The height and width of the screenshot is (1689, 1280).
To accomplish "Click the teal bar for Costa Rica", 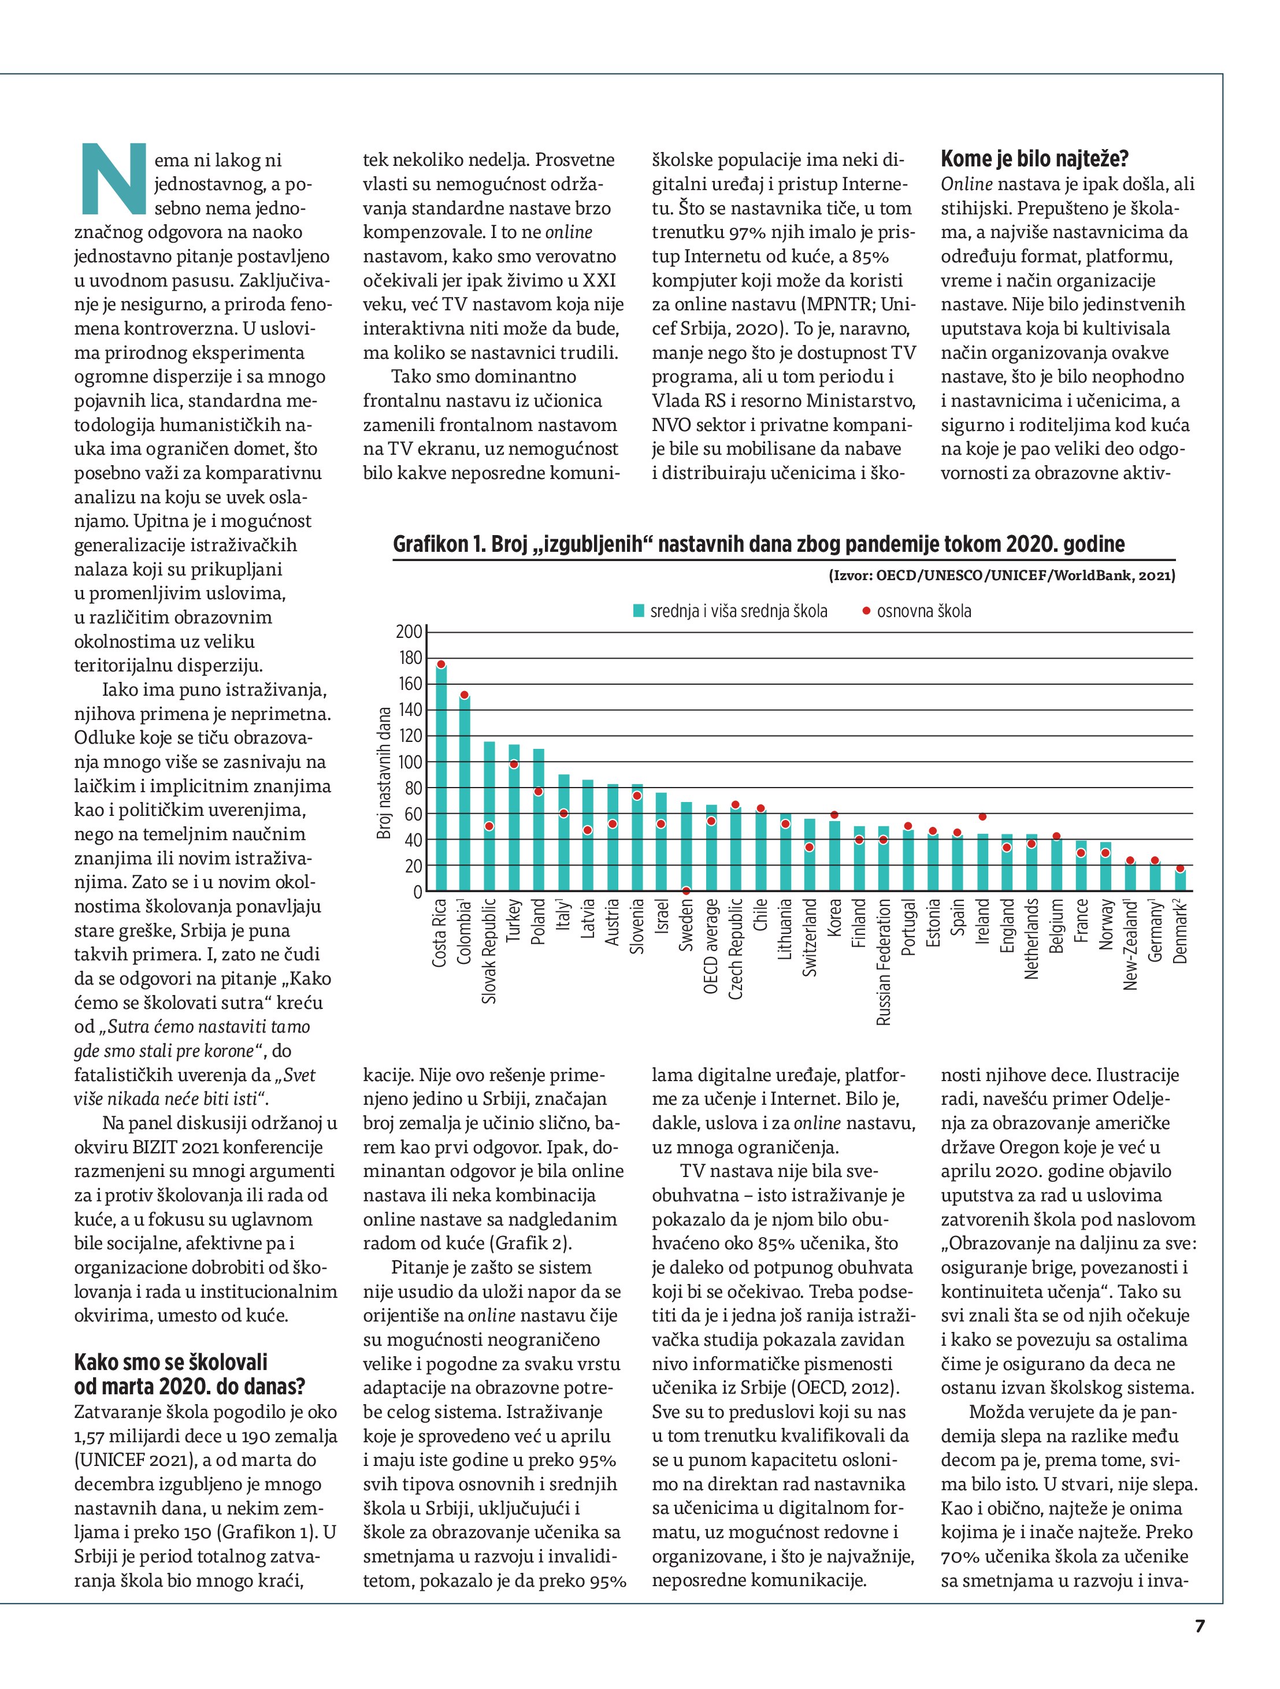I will [441, 779].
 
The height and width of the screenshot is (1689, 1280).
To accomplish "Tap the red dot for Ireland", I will [982, 817].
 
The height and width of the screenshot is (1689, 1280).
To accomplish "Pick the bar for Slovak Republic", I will [489, 817].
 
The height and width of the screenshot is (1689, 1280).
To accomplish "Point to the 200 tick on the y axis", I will [409, 632].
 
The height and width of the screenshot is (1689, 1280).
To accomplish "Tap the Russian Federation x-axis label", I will [884, 962].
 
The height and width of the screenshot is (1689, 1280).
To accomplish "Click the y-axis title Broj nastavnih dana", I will [384, 773].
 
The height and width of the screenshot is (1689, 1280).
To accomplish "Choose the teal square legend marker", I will [639, 611].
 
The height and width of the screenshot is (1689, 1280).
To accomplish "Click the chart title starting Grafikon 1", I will [758, 544].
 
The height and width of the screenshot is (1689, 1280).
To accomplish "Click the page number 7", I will [1200, 1625].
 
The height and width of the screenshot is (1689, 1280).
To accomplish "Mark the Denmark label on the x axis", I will [1181, 931].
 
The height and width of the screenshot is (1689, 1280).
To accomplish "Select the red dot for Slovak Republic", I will [489, 826].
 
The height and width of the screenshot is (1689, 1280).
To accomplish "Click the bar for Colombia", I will [465, 794].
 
